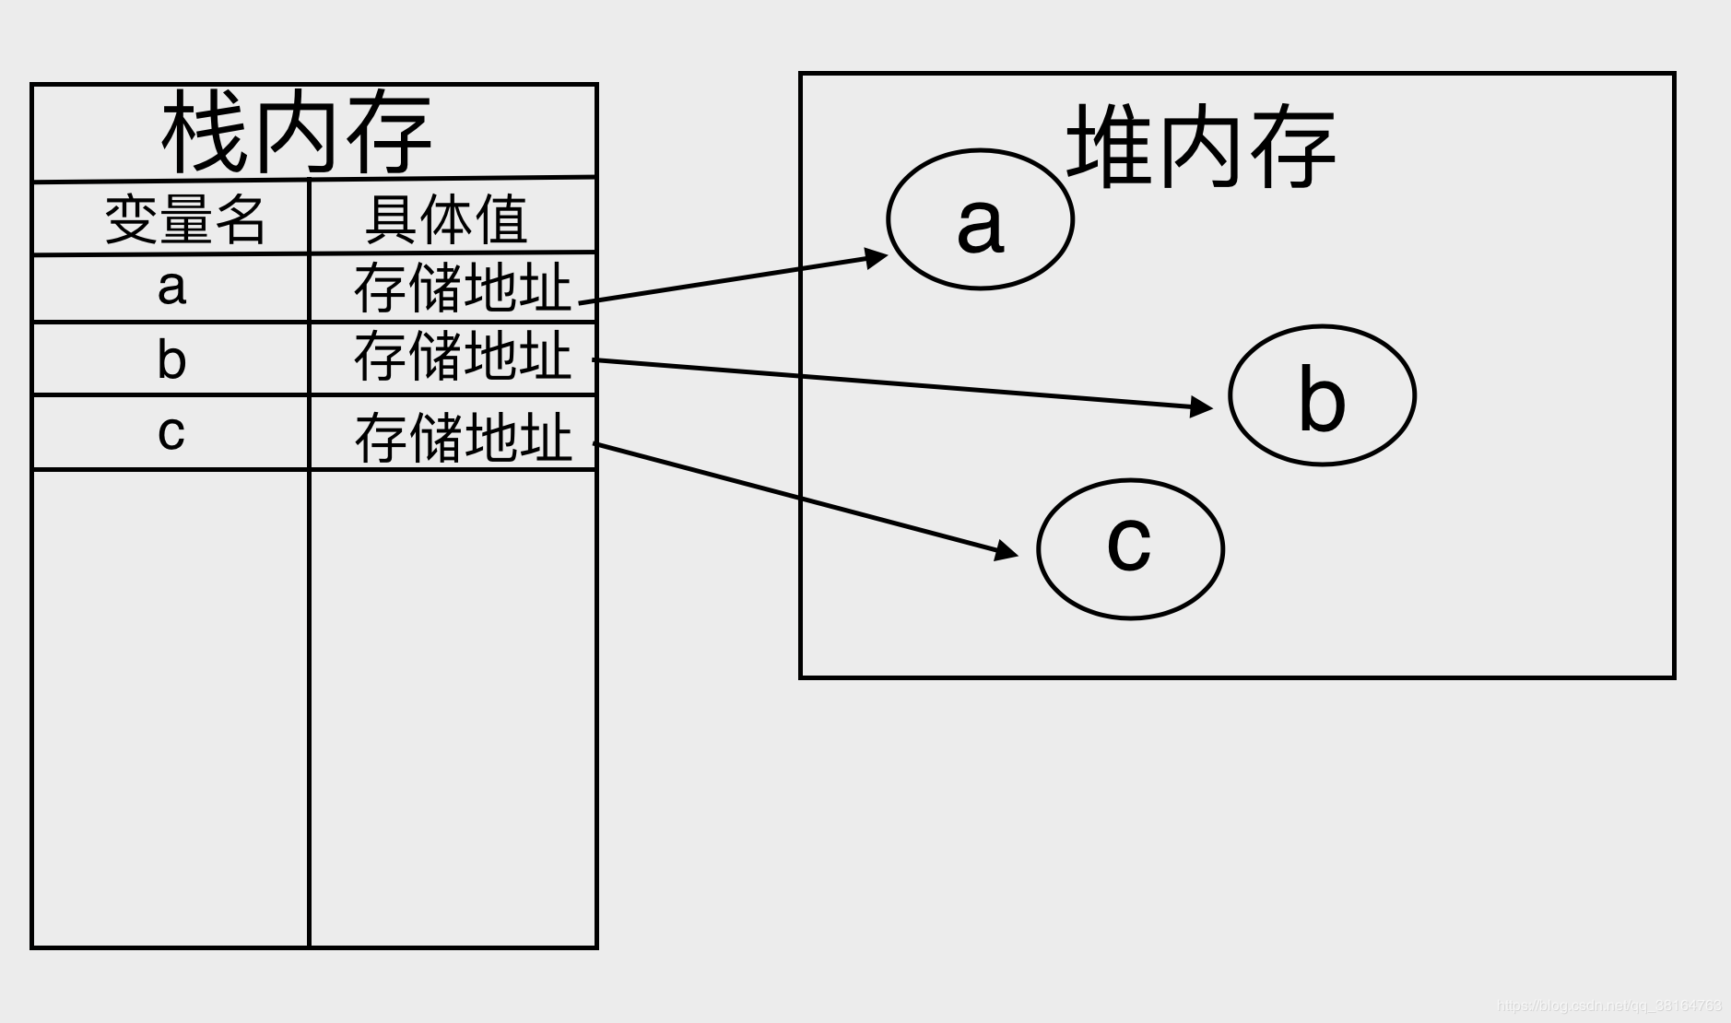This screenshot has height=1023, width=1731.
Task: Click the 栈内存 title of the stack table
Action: click(296, 133)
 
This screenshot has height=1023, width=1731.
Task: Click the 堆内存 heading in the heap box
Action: click(1200, 147)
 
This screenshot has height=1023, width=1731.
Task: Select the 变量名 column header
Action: click(184, 219)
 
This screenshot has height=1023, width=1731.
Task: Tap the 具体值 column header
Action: click(446, 219)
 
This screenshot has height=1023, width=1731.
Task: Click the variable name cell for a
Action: click(171, 288)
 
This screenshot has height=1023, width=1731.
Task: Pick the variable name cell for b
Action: click(171, 359)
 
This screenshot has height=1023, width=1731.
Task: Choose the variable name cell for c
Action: click(171, 431)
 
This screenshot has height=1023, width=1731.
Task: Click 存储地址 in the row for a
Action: click(462, 288)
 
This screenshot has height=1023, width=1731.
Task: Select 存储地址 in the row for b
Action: click(462, 357)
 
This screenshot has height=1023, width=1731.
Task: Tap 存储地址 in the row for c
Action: click(463, 437)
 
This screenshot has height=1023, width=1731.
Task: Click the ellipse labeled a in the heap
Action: click(980, 220)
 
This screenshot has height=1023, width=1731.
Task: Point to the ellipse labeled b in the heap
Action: click(1322, 395)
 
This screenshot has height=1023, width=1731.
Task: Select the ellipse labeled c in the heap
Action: click(1130, 548)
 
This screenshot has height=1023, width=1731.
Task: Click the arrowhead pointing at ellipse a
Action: click(875, 257)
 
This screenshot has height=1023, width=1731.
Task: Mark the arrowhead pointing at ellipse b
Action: click(1202, 406)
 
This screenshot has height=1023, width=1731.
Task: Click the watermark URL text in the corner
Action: click(1608, 1005)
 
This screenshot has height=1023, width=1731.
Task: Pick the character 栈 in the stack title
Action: click(204, 133)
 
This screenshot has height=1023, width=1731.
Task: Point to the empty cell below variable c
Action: click(171, 708)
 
